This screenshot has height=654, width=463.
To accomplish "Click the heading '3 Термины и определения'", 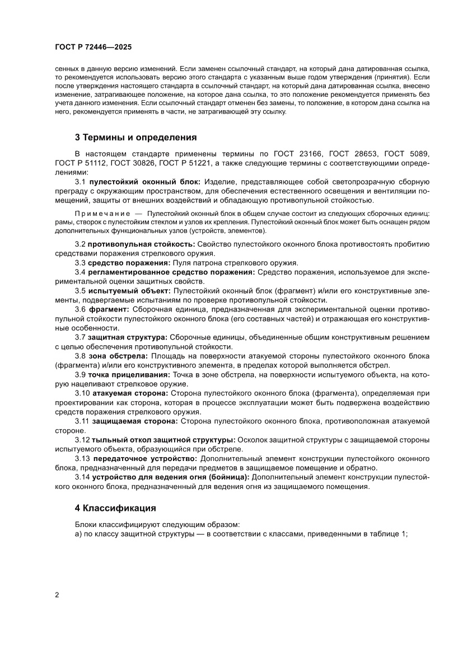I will [135, 137].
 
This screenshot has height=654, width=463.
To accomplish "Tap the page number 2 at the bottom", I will [57, 595].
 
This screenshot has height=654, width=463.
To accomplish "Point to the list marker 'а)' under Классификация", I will [78, 534].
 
